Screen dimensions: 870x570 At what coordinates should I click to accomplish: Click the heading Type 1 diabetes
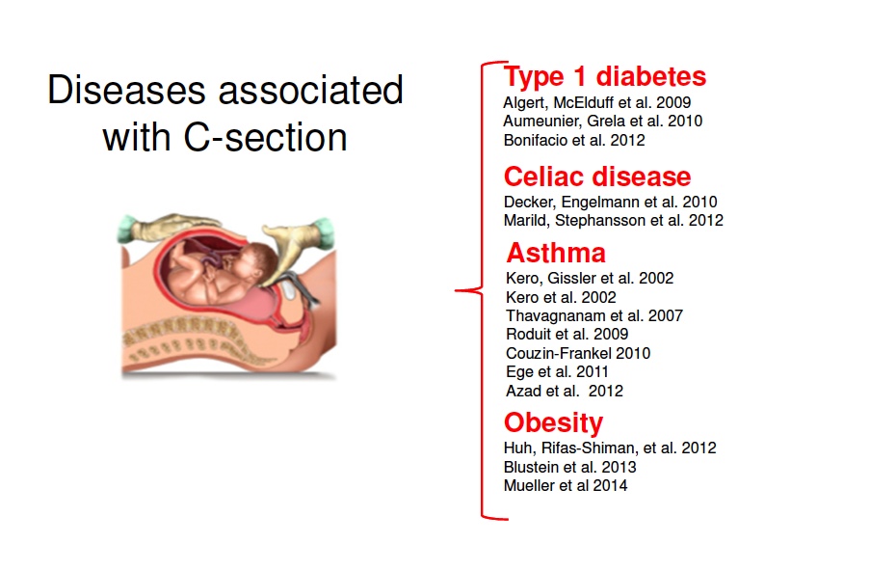[605, 76]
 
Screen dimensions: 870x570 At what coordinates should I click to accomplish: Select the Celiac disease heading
[597, 176]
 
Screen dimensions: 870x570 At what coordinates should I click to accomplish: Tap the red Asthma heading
[556, 253]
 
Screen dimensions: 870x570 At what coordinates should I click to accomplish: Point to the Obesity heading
[553, 422]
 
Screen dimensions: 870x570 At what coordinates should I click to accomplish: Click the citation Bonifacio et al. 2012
[574, 140]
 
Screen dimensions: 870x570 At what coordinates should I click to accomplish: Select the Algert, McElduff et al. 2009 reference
[597, 103]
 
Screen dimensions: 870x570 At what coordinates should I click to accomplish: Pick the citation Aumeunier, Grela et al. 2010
[602, 122]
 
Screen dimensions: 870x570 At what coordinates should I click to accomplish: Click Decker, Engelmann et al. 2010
[610, 202]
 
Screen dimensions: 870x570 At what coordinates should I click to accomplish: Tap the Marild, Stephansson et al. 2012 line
[613, 221]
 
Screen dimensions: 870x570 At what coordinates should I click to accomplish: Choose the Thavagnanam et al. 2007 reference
[594, 315]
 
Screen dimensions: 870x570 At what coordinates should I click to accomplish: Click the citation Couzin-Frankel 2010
[578, 353]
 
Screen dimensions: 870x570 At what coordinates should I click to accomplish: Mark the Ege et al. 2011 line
[557, 371]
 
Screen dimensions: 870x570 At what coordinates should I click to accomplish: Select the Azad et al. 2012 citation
[565, 392]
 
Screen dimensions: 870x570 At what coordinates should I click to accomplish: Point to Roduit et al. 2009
[567, 334]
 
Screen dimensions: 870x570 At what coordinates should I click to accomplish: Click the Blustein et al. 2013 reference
[569, 467]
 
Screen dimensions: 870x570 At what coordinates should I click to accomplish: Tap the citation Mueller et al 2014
[566, 485]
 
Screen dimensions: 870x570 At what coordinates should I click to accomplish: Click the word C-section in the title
[265, 137]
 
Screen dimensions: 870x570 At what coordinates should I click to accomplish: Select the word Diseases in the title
[126, 90]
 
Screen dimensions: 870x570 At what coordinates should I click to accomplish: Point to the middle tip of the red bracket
[456, 290]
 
